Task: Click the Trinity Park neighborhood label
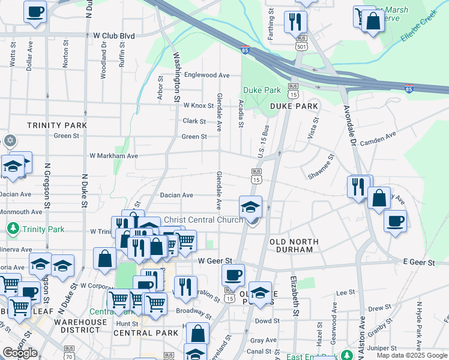(57, 125)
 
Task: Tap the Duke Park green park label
(262, 91)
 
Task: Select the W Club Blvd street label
(114, 35)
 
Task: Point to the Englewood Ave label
(207, 75)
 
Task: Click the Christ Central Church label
(203, 220)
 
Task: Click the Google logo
(20, 353)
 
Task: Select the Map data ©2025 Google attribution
(411, 355)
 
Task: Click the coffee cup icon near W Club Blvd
(35, 11)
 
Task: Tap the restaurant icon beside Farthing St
(295, 21)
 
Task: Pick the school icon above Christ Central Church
(251, 206)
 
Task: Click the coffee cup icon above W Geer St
(233, 275)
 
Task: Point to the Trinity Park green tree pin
(13, 229)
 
